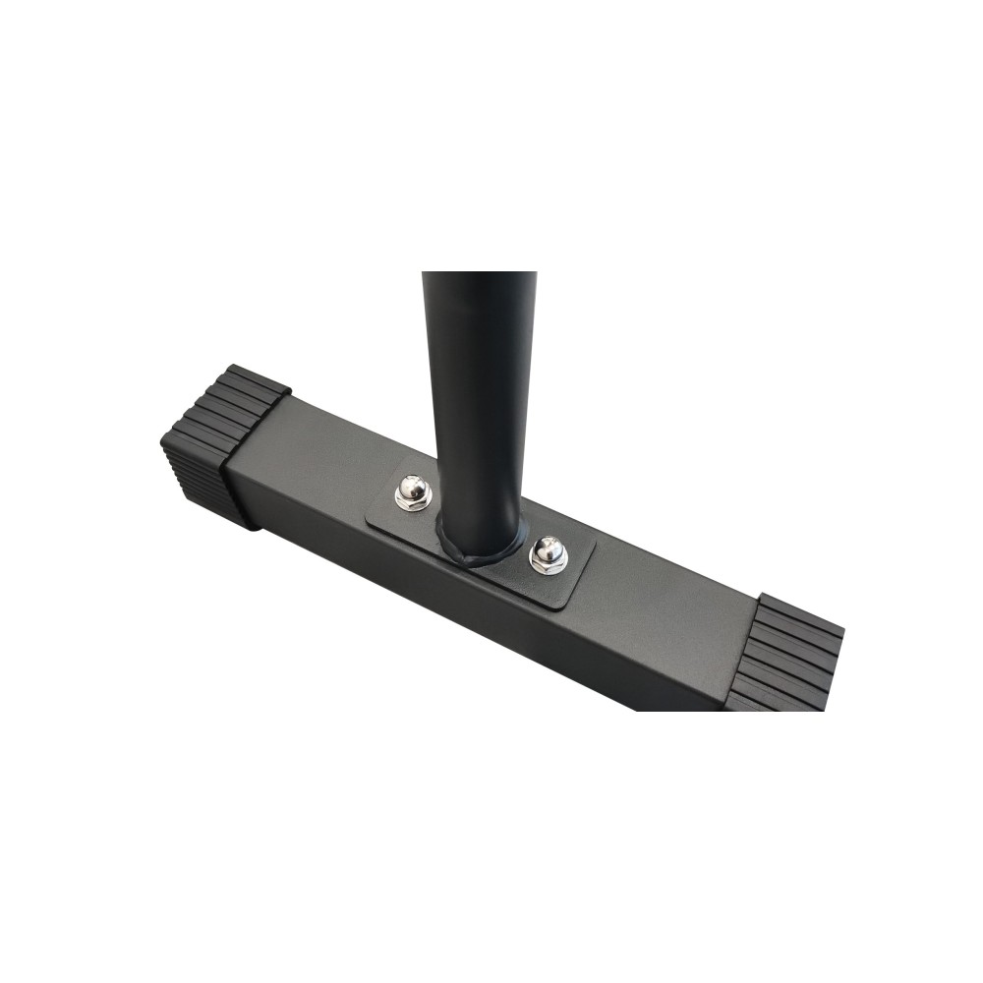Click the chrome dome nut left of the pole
pyautogui.click(x=412, y=488)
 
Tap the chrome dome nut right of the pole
pyautogui.click(x=548, y=551)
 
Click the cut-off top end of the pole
pyautogui.click(x=479, y=274)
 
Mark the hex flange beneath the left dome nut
pyautogui.click(x=412, y=502)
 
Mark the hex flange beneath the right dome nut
pyautogui.click(x=548, y=565)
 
